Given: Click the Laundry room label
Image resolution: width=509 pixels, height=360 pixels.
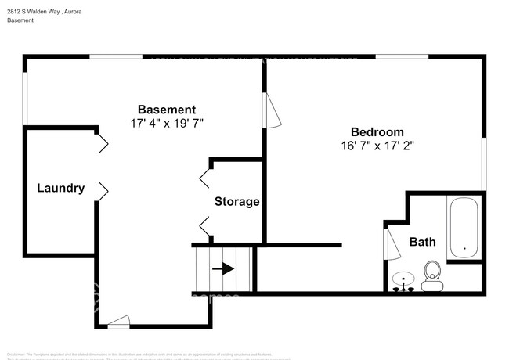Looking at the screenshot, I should click(x=60, y=188).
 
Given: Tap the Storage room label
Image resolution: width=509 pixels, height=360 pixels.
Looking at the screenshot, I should click(x=237, y=202).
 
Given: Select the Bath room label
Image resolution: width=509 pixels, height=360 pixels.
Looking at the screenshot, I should click(x=423, y=242).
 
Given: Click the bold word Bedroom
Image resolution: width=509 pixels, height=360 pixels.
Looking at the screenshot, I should click(x=377, y=131).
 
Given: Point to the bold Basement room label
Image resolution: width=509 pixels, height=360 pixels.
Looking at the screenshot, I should click(x=167, y=110).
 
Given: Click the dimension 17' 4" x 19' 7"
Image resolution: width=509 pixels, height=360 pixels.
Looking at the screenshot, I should click(x=168, y=123).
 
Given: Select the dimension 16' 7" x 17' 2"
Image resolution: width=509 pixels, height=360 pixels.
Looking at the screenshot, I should click(x=377, y=146).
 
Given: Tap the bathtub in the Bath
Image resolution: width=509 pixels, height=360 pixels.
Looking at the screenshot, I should click(x=464, y=228).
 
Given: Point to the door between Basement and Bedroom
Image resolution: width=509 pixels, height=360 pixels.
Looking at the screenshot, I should click(x=271, y=110).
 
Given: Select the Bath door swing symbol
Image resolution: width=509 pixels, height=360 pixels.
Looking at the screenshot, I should click(x=388, y=239).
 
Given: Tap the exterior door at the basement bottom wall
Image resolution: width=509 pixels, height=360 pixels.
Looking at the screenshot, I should click(x=118, y=320).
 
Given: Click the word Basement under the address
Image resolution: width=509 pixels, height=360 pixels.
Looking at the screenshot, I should click(x=20, y=20).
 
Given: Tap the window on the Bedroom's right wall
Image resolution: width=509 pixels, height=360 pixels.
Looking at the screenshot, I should click(x=484, y=163).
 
